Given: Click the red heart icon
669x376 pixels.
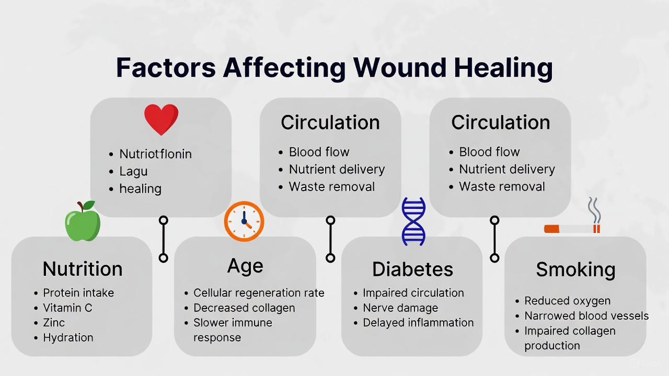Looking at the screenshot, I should click(162, 119).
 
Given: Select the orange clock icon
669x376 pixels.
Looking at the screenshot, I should click(244, 221).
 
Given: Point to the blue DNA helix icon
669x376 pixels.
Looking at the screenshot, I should click(413, 221).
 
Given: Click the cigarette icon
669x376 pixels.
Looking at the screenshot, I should click(572, 229).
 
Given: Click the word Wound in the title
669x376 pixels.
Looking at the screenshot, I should click(399, 68).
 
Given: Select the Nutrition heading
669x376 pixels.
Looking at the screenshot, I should click(83, 268).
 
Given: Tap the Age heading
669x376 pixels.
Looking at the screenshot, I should click(245, 266).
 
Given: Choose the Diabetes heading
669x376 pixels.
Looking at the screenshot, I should click(412, 269).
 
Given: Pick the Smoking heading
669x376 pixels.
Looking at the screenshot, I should click(575, 269).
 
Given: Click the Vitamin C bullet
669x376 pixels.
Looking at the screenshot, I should click(67, 308).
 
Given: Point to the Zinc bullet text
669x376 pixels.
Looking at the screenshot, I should click(54, 323).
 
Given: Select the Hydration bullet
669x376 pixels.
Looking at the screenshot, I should click(68, 337).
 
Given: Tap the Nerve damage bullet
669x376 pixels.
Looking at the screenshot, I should click(400, 308).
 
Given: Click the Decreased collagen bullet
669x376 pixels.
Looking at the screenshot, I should click(244, 308).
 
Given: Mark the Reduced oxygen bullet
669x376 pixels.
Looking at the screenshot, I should click(567, 301).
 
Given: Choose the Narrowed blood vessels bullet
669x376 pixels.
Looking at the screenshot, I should click(586, 316).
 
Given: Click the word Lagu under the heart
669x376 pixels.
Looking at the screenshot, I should click(133, 171).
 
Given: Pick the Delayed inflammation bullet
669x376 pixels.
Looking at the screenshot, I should click(418, 323).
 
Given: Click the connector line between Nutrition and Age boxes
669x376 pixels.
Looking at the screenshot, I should click(164, 239).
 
